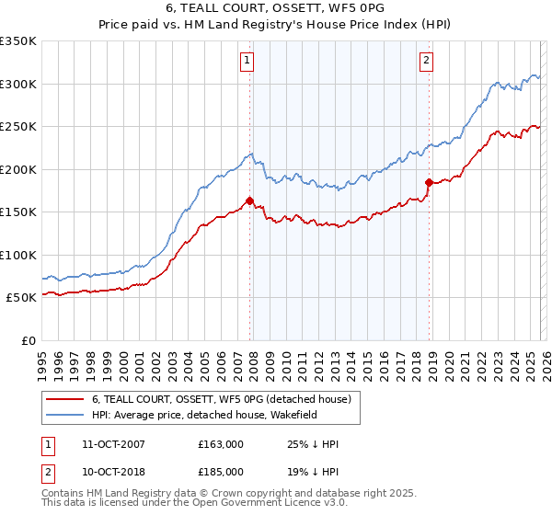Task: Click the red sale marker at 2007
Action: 249,200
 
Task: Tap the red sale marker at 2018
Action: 429,182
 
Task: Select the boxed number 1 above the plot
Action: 248,62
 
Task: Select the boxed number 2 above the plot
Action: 428,62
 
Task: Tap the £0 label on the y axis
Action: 28,341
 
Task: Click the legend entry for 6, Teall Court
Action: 221,400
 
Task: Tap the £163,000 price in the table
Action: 221,444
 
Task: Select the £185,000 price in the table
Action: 221,472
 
